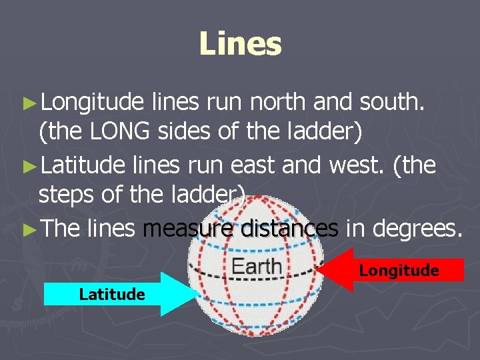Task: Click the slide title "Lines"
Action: click(x=240, y=44)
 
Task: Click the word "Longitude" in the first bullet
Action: click(x=92, y=102)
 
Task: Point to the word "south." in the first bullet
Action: click(x=398, y=102)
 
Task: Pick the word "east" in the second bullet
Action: click(x=287, y=164)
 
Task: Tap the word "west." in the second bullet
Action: click(x=359, y=164)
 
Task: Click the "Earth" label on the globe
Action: click(x=256, y=267)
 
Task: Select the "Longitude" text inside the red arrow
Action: click(x=399, y=270)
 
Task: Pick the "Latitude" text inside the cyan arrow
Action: click(x=111, y=294)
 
